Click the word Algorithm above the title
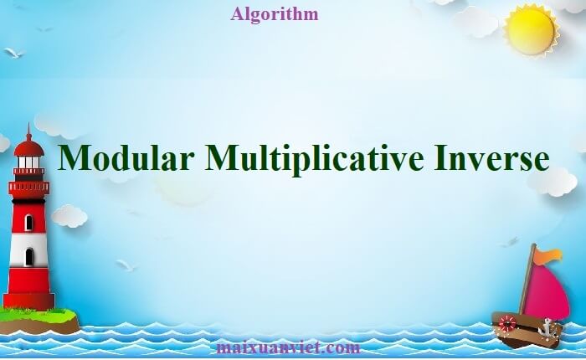pyautogui.click(x=273, y=14)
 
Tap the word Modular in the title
pyautogui.click(x=126, y=158)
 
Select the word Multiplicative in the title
pyautogui.click(x=315, y=160)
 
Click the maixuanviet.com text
pyautogui.click(x=287, y=347)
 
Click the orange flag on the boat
pyautogui.click(x=549, y=255)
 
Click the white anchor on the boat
pyautogui.click(x=549, y=326)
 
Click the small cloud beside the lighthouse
pyautogui.click(x=69, y=216)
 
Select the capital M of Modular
pyautogui.click(x=76, y=158)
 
